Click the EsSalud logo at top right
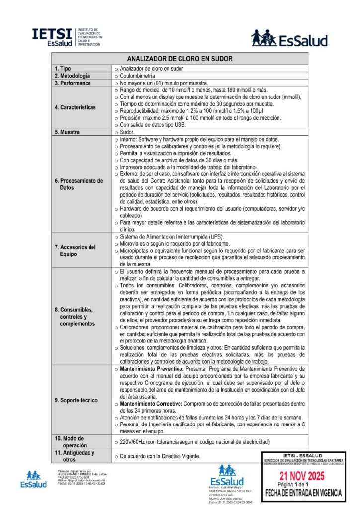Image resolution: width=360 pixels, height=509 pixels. click(x=289, y=39)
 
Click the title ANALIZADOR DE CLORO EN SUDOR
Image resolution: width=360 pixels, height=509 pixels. click(x=180, y=58)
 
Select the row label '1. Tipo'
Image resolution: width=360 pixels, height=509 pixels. click(x=66, y=68)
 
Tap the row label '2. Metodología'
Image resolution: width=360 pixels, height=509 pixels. click(x=72, y=76)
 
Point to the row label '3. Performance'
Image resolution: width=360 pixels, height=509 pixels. click(x=73, y=83)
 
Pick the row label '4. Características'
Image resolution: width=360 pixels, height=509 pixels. click(x=76, y=107)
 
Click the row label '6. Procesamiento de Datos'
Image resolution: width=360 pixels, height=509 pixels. click(x=79, y=184)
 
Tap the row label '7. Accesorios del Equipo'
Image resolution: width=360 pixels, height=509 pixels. click(x=75, y=250)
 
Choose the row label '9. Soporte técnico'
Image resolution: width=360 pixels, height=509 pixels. click(x=76, y=400)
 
